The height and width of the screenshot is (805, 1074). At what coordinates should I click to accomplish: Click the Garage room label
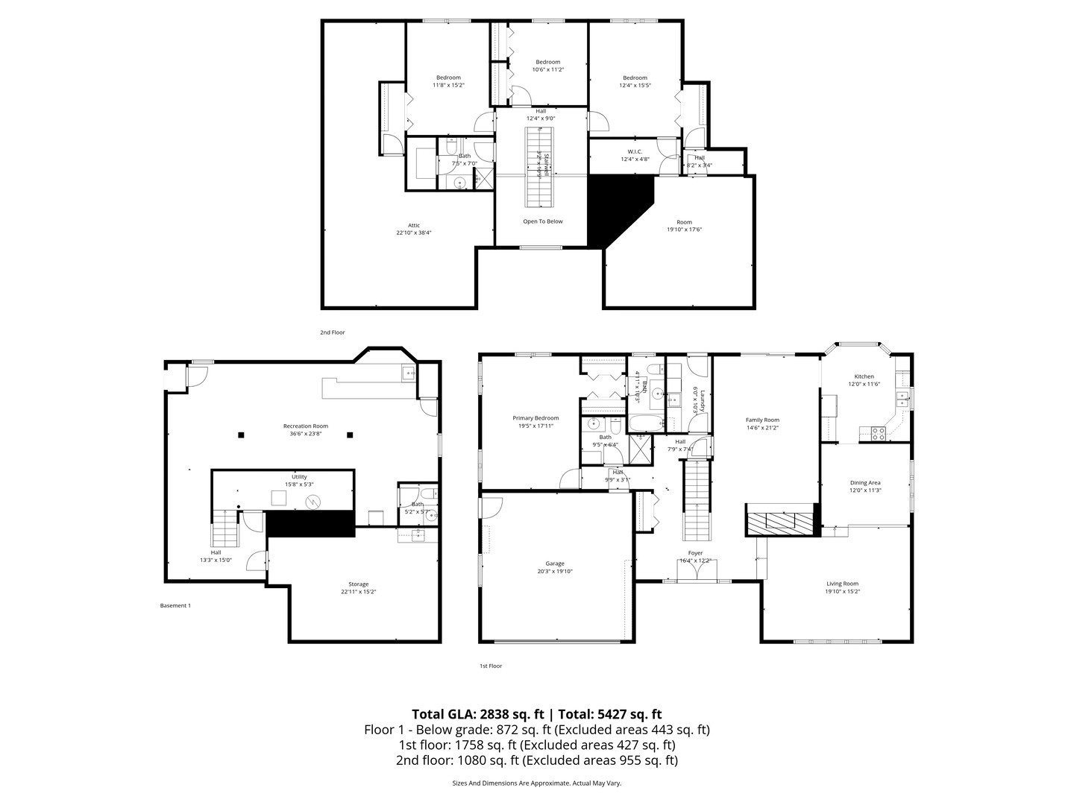click(554, 563)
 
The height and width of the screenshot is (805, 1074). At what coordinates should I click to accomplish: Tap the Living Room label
click(842, 584)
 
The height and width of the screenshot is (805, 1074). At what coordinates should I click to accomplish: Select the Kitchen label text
click(864, 376)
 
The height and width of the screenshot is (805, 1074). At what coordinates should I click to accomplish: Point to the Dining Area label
click(865, 482)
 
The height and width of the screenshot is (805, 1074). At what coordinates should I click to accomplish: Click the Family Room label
click(762, 420)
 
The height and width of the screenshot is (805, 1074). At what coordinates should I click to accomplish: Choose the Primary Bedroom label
click(536, 418)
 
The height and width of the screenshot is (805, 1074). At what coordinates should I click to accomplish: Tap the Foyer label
click(695, 553)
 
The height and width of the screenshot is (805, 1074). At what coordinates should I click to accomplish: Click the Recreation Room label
click(305, 426)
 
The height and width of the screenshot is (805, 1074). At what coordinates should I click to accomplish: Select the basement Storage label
click(358, 584)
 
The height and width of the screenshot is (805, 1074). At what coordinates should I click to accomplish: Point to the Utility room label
click(299, 476)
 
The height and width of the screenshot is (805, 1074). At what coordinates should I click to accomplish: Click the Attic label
click(413, 225)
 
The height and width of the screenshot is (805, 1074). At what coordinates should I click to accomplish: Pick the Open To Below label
click(543, 221)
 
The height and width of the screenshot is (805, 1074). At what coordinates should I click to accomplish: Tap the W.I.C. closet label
click(635, 151)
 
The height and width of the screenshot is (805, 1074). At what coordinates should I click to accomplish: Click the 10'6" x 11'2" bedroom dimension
click(547, 69)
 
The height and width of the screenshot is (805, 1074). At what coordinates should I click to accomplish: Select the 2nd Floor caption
click(333, 332)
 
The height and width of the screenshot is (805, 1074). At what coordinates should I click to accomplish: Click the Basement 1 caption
click(175, 605)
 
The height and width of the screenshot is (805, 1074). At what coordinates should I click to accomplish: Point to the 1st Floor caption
click(491, 666)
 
